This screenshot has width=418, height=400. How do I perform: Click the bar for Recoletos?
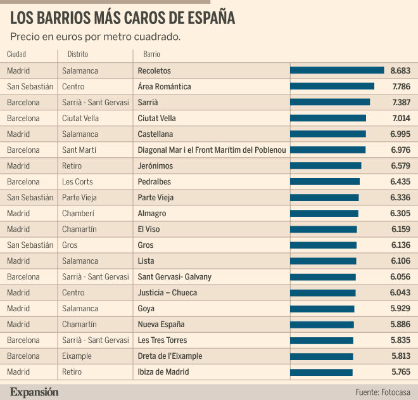337,70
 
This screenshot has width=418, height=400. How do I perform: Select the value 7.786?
402,86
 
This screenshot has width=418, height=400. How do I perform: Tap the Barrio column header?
151,55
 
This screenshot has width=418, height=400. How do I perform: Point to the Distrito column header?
78,55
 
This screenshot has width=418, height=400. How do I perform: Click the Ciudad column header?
16,55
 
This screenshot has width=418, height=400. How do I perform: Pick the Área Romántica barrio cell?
164,86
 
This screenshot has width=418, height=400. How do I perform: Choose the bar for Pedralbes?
325,181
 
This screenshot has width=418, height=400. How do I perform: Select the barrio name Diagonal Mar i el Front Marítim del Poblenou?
212,150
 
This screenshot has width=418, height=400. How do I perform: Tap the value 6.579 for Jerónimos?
402,165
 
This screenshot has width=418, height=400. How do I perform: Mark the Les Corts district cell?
77,181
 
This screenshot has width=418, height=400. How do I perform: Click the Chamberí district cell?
77,213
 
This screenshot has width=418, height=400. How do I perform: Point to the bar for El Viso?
324,229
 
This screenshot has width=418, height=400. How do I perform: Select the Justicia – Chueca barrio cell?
167,292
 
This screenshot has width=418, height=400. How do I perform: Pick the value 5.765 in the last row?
402,371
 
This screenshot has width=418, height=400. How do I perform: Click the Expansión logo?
34,391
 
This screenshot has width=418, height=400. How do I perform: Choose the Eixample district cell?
77,356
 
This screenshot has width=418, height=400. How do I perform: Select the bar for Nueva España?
322,324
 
